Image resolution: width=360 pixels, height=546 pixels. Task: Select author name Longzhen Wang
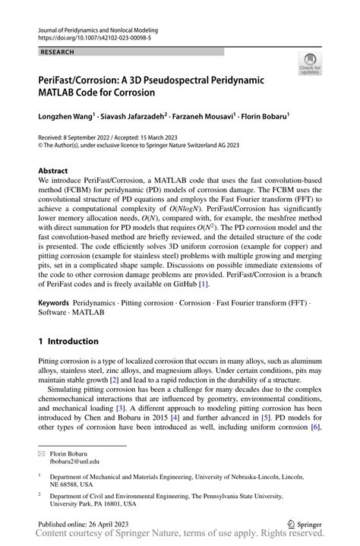click(x=66, y=118)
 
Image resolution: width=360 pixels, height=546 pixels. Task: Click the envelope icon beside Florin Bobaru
click(x=43, y=451)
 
